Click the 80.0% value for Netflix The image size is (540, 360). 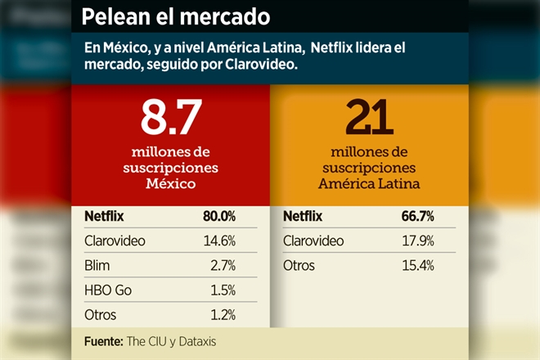(219, 217)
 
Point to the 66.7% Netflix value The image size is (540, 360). (417, 217)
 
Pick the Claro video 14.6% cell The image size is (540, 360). (219, 241)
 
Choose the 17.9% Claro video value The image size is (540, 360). (417, 241)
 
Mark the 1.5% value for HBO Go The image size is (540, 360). (222, 290)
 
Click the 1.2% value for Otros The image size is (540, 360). (222, 315)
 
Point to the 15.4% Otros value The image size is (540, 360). (417, 266)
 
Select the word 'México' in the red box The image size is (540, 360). (170, 183)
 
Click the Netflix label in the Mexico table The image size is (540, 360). (104, 217)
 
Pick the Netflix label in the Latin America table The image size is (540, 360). (303, 217)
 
